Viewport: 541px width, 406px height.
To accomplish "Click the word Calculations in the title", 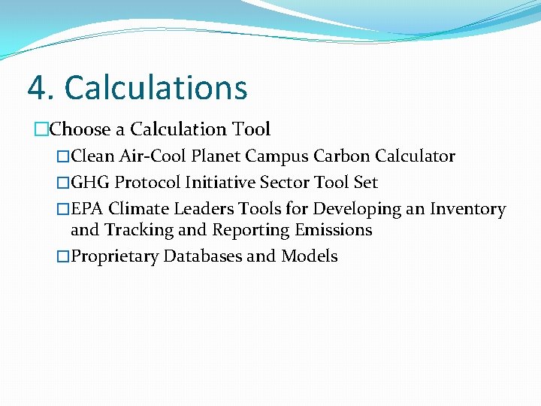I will [x=156, y=88].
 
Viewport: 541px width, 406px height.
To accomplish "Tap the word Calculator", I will [x=415, y=156].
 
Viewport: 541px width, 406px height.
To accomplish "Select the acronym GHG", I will [x=90, y=183].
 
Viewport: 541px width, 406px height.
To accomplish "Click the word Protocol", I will [x=147, y=183].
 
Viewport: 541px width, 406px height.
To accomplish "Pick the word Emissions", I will [x=331, y=230].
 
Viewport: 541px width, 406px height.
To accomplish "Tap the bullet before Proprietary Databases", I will [x=63, y=257].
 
